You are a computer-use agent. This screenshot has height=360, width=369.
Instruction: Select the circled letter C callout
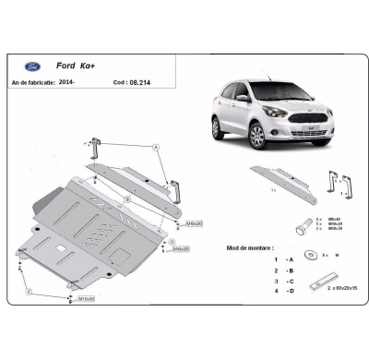pos(29,293)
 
